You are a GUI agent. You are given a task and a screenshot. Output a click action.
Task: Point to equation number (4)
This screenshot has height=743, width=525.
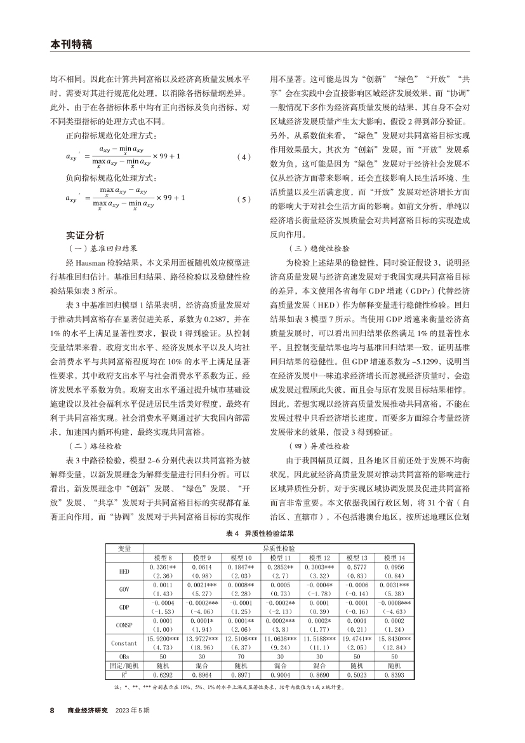pos(243,156)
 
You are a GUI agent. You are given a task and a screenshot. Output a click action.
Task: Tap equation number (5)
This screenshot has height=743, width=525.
pos(243,199)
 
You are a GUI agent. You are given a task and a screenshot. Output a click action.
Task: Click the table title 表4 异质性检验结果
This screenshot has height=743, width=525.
pos(262,535)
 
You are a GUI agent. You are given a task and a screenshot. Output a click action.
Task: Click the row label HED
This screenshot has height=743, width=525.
pos(124,571)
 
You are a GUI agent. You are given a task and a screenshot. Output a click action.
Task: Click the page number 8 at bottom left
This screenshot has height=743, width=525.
pos(53,710)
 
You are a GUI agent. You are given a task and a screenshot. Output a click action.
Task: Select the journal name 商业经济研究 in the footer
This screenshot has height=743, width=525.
pos(88,710)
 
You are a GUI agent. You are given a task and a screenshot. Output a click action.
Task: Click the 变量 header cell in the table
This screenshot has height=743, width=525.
pos(124,547)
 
